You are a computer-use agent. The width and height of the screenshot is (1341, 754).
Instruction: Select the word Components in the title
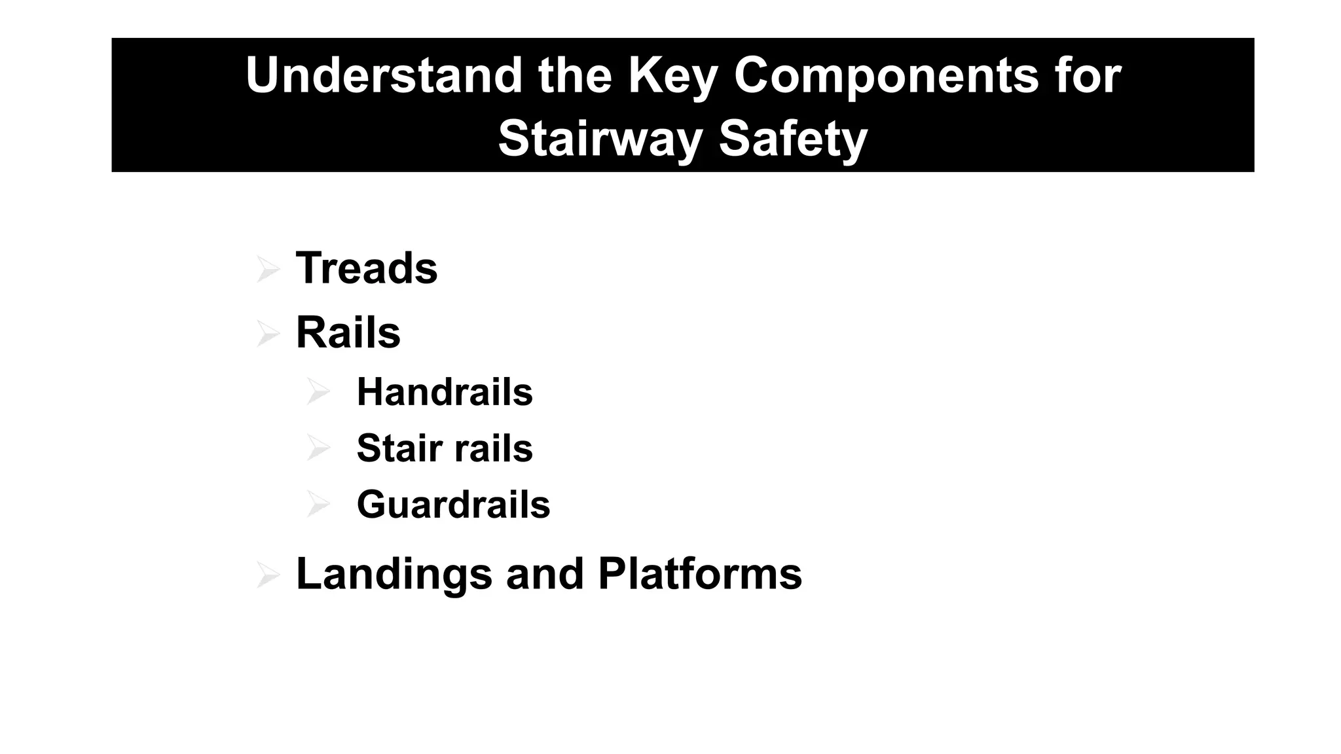[886, 76]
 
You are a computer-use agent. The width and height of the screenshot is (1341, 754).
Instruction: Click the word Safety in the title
[793, 139]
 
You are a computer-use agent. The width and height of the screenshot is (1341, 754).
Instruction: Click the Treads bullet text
[367, 268]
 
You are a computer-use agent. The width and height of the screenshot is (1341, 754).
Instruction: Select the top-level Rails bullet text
[348, 332]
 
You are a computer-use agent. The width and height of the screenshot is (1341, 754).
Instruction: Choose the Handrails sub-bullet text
[445, 392]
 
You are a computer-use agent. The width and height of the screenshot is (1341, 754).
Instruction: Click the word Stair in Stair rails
[399, 448]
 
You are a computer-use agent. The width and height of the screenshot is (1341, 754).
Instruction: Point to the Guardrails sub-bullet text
[453, 505]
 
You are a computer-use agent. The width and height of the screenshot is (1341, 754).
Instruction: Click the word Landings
[394, 574]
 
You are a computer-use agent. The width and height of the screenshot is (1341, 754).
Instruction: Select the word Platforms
[700, 574]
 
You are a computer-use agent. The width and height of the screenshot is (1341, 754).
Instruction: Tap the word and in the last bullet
[545, 574]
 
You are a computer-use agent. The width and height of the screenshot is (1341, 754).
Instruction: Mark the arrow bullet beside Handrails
[318, 392]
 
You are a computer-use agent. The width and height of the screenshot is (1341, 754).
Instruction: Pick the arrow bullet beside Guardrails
[318, 505]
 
